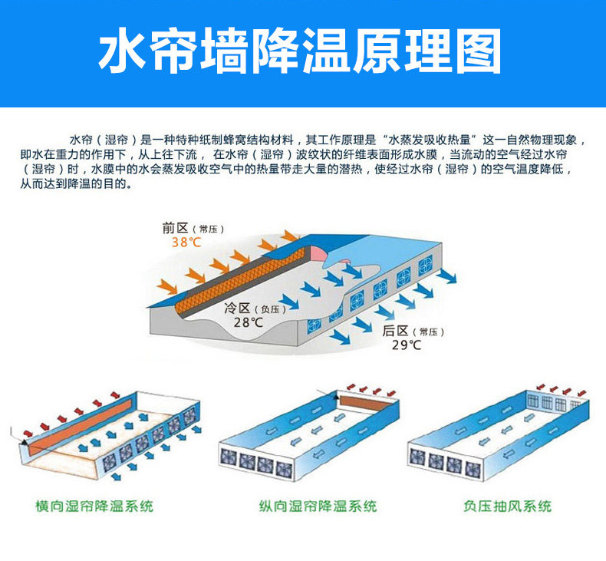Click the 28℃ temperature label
(x=248, y=323)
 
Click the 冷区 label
(x=236, y=309)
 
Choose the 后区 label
(x=394, y=331)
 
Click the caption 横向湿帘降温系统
(x=94, y=507)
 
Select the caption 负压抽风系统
(x=508, y=507)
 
